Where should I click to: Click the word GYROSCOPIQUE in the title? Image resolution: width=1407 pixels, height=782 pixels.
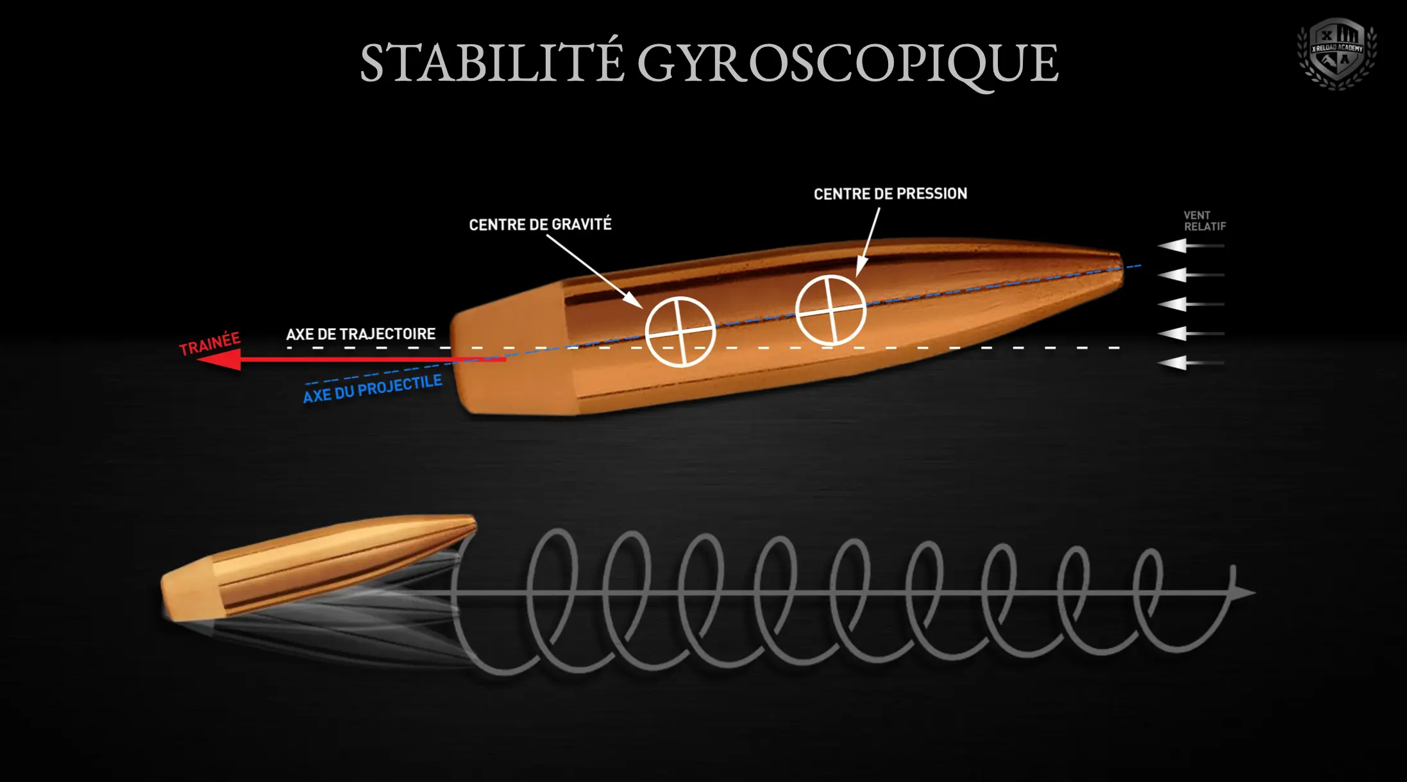coord(847,64)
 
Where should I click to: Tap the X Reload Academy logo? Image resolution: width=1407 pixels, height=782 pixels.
coord(1336,54)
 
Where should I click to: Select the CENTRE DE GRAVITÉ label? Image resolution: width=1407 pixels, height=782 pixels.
coord(540,224)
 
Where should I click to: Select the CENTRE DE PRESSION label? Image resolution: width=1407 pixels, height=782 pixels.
coord(890,194)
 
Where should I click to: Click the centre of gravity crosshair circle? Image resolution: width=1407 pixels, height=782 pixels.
coord(680,331)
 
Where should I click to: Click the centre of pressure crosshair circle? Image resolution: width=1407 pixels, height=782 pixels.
coord(830,310)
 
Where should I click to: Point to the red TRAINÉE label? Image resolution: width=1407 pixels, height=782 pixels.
coord(210,344)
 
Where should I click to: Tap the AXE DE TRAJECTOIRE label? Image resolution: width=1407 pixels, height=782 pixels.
coord(360,334)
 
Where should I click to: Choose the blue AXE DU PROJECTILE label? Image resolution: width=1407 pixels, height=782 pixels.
coord(373,389)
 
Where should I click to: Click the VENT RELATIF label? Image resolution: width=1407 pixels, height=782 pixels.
coord(1204,221)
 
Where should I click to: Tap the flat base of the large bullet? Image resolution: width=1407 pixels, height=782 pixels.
coord(457,359)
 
